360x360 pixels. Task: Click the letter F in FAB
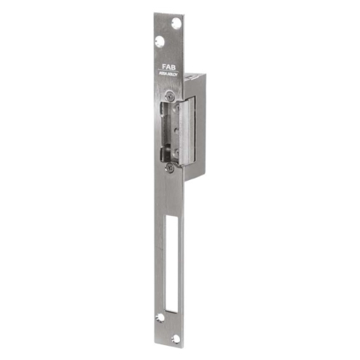(x=163, y=66)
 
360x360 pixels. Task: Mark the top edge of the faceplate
(x=169, y=13)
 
